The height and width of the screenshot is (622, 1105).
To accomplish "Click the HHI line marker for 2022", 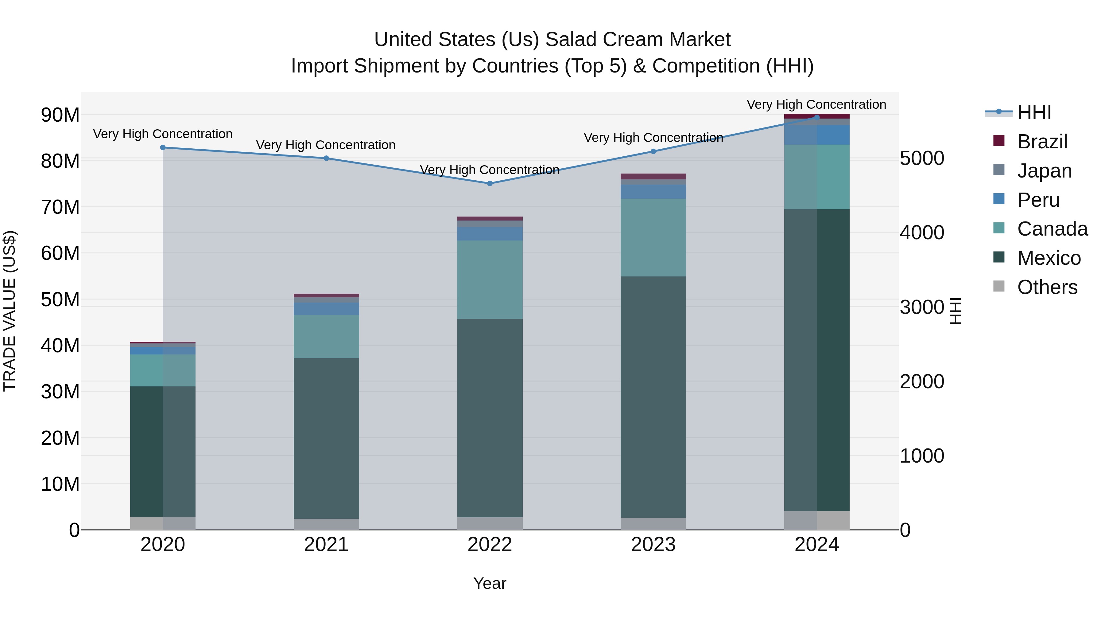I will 490,183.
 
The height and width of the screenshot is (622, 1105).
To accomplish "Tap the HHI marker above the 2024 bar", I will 817,117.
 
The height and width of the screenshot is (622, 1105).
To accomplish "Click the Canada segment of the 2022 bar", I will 490,280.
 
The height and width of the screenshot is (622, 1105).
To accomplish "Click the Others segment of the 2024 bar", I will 817,520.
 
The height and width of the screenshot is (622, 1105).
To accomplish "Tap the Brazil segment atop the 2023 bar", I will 653,176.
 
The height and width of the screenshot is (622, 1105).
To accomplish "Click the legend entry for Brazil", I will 1042,142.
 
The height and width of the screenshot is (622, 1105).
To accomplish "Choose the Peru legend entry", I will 1038,200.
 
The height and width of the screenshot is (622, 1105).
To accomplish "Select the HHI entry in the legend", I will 1034,112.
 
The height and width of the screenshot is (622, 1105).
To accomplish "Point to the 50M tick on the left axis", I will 60,299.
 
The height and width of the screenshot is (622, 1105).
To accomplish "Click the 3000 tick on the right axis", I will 922,307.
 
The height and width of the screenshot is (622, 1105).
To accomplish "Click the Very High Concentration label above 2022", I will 490,170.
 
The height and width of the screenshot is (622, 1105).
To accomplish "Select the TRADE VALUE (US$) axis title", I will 10,311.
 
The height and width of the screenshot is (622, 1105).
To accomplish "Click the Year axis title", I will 490,583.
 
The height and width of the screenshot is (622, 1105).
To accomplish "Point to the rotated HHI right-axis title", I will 956,311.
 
